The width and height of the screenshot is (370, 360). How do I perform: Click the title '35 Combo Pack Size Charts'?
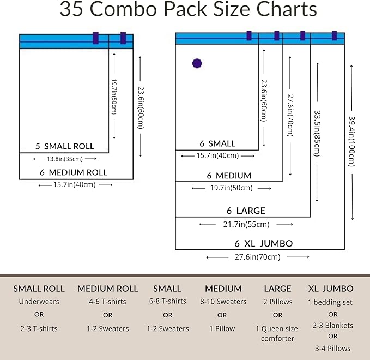pos(188,10)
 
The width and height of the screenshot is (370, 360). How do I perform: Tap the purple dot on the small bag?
pos(197,63)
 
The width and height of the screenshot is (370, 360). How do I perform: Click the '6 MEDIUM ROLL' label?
pos(74,172)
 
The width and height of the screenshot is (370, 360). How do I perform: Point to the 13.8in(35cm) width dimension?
pos(65,159)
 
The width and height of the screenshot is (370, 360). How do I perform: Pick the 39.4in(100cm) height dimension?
pos(350,141)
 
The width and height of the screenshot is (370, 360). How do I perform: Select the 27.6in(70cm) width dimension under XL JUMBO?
pos(257,257)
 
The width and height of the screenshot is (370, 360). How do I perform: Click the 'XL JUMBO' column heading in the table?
pos(330,289)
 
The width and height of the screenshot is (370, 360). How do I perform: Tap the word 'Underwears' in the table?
pos(39,302)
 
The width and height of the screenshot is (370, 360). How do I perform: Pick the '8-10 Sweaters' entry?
pos(222,302)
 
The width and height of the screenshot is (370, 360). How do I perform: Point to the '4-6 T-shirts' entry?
pos(107,302)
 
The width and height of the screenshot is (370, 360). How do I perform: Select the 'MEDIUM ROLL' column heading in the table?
pos(107,289)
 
